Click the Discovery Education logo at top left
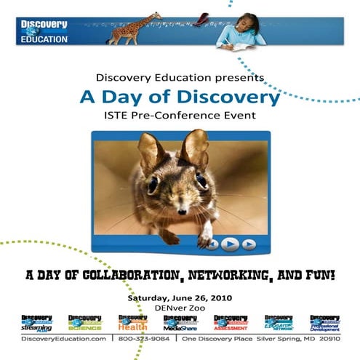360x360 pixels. (44, 31)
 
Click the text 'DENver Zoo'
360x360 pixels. (179, 308)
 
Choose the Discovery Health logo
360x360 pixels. (132, 323)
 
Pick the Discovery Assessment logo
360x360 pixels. (231, 323)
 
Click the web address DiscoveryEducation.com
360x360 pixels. (63, 339)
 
